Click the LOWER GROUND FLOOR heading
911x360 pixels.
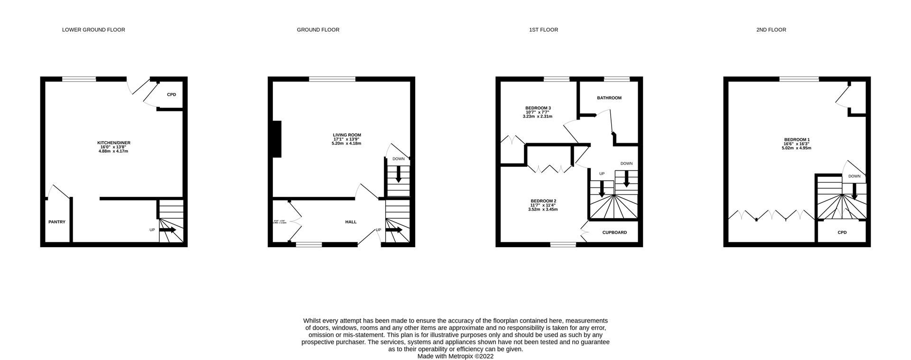pyautogui.click(x=93, y=30)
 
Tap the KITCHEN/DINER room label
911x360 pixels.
pyautogui.click(x=113, y=143)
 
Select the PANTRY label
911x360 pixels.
pyautogui.click(x=57, y=222)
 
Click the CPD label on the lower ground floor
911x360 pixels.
pyautogui.click(x=171, y=95)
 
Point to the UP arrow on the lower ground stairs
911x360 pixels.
pyautogui.click(x=167, y=230)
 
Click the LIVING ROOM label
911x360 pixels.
pyautogui.click(x=347, y=135)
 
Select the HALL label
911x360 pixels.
pyautogui.click(x=351, y=222)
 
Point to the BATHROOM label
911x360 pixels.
pyautogui.click(x=609, y=98)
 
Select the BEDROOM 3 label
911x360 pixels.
pyautogui.click(x=538, y=108)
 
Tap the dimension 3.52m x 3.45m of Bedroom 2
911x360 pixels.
pyautogui.click(x=543, y=209)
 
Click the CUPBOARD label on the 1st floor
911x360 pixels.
pyautogui.click(x=614, y=233)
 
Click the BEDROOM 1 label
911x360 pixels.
pyautogui.click(x=797, y=139)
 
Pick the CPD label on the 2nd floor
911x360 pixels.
pyautogui.click(x=842, y=233)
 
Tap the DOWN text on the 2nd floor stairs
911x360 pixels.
pyautogui.click(x=854, y=176)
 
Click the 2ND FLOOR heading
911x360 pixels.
pyautogui.click(x=771, y=30)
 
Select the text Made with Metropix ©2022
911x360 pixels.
pyautogui.click(x=455, y=356)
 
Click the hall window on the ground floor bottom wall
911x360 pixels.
pyautogui.click(x=308, y=245)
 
